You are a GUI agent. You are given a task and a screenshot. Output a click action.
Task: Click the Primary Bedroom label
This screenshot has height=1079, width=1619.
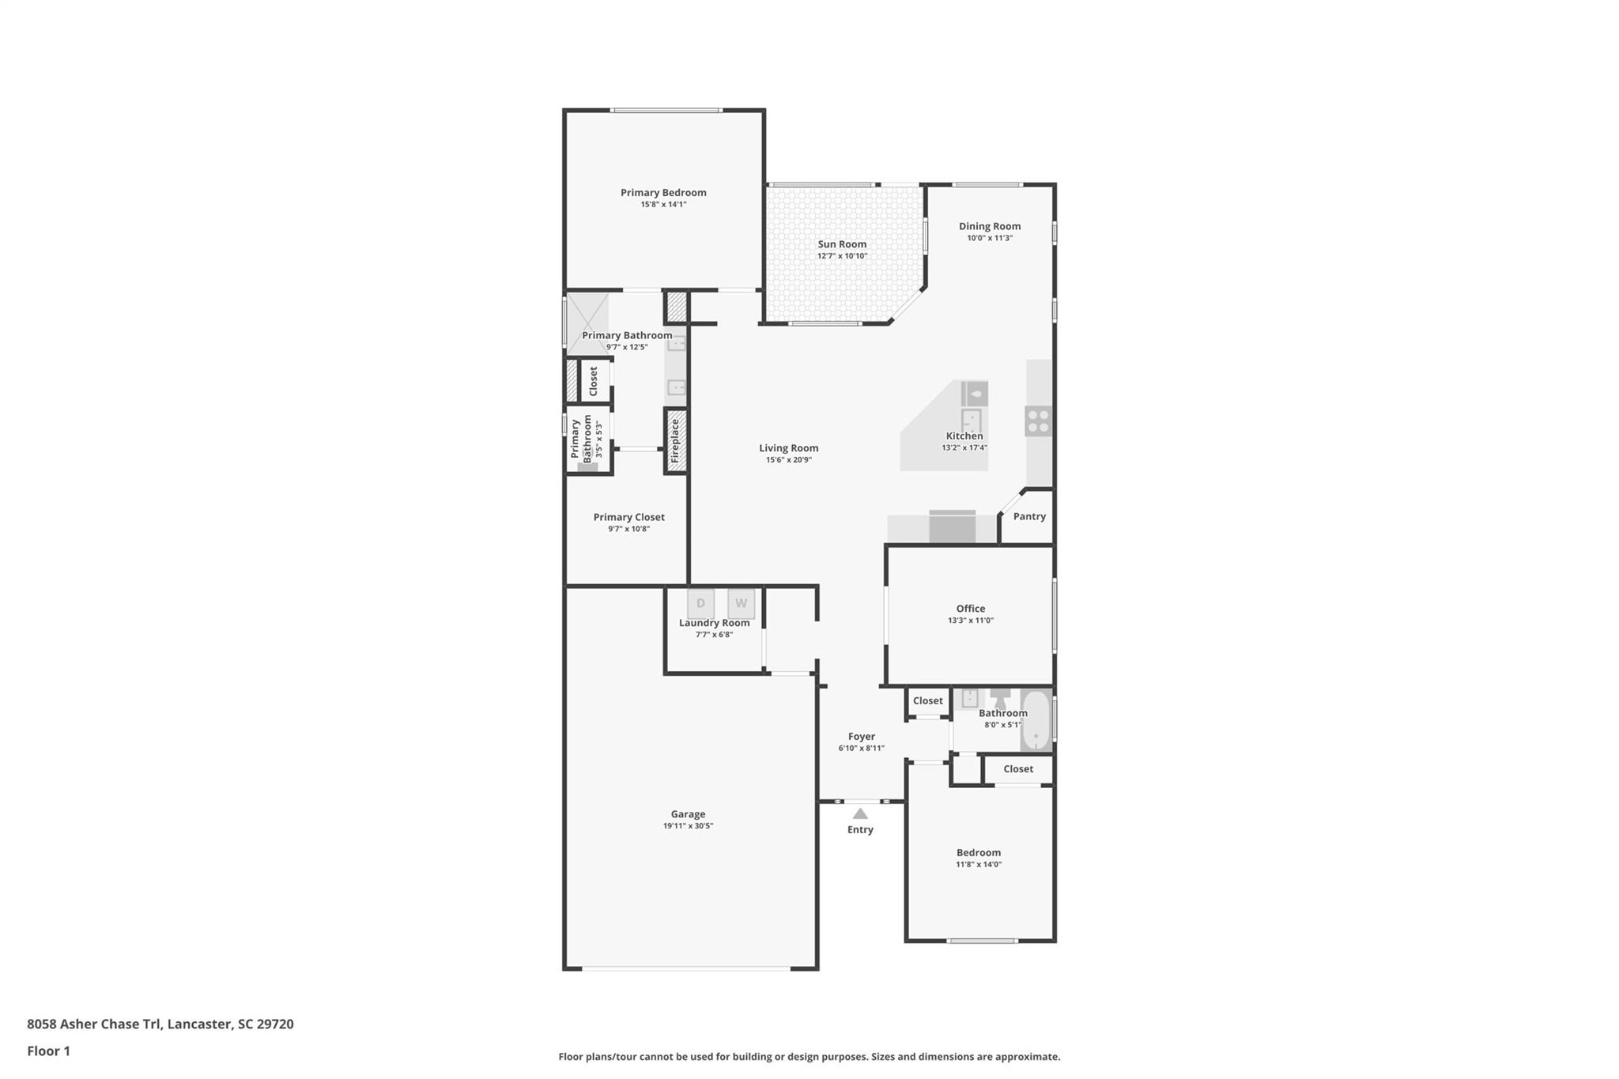click(662, 192)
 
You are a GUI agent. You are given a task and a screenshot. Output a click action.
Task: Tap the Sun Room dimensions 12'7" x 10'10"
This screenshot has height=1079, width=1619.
click(842, 256)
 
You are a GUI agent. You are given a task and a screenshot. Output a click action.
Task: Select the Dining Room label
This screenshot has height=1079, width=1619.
click(989, 226)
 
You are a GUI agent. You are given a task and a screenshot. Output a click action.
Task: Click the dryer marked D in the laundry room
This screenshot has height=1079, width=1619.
click(700, 604)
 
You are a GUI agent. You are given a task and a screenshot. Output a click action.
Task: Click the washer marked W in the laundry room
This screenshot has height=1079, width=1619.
click(741, 604)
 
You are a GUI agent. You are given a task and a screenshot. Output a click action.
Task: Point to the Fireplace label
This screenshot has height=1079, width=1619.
click(675, 440)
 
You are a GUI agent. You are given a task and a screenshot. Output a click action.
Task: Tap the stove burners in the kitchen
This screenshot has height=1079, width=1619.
click(1038, 421)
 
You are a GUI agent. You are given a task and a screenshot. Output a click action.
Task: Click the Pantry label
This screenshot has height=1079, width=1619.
click(1029, 516)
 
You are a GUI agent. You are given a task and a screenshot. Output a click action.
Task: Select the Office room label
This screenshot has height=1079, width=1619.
click(970, 609)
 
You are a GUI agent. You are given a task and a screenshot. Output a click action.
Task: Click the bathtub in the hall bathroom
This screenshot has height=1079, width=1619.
click(1036, 721)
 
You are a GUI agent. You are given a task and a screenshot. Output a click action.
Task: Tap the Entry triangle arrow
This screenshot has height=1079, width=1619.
click(860, 813)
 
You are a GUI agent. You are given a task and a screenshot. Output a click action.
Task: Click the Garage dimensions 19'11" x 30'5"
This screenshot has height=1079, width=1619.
click(688, 826)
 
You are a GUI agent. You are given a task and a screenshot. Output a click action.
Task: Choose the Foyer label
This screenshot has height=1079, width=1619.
click(861, 736)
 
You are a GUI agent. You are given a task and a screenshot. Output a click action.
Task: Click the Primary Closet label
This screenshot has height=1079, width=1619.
click(628, 517)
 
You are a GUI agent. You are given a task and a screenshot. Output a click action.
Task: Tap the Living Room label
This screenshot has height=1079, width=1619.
click(788, 448)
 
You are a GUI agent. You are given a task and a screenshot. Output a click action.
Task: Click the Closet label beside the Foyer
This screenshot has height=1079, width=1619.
click(927, 700)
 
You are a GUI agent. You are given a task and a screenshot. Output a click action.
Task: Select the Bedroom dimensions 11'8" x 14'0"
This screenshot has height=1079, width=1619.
click(978, 865)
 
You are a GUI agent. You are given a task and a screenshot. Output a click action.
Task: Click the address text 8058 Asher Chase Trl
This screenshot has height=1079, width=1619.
click(94, 1024)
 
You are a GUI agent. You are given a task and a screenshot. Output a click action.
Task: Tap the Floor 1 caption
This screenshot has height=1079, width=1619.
click(48, 1051)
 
